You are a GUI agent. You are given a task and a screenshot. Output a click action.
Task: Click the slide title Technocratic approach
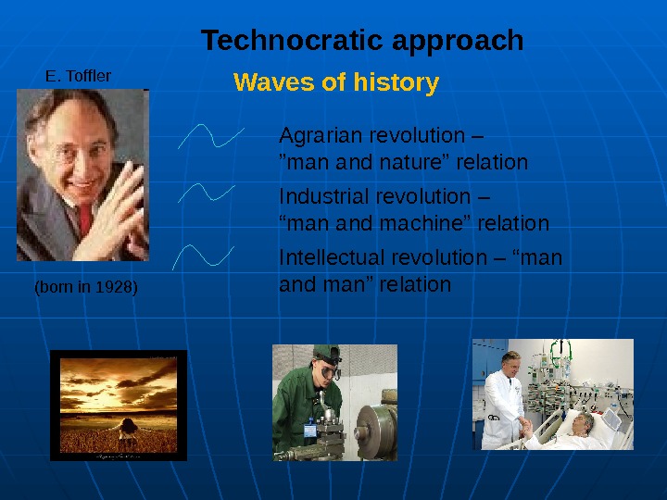[362, 42]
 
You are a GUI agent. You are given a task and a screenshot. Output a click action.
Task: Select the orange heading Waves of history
[336, 83]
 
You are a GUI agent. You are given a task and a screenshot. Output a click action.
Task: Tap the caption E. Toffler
[79, 75]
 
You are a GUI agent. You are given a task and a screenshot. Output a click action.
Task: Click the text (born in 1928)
[85, 287]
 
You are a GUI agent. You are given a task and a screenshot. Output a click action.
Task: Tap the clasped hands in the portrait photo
[121, 204]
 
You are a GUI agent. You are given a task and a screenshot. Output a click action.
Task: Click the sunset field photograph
[119, 405]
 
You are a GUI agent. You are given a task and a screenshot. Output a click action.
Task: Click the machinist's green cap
[325, 353]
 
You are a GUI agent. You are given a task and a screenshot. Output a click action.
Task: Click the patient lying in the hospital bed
[584, 424]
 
